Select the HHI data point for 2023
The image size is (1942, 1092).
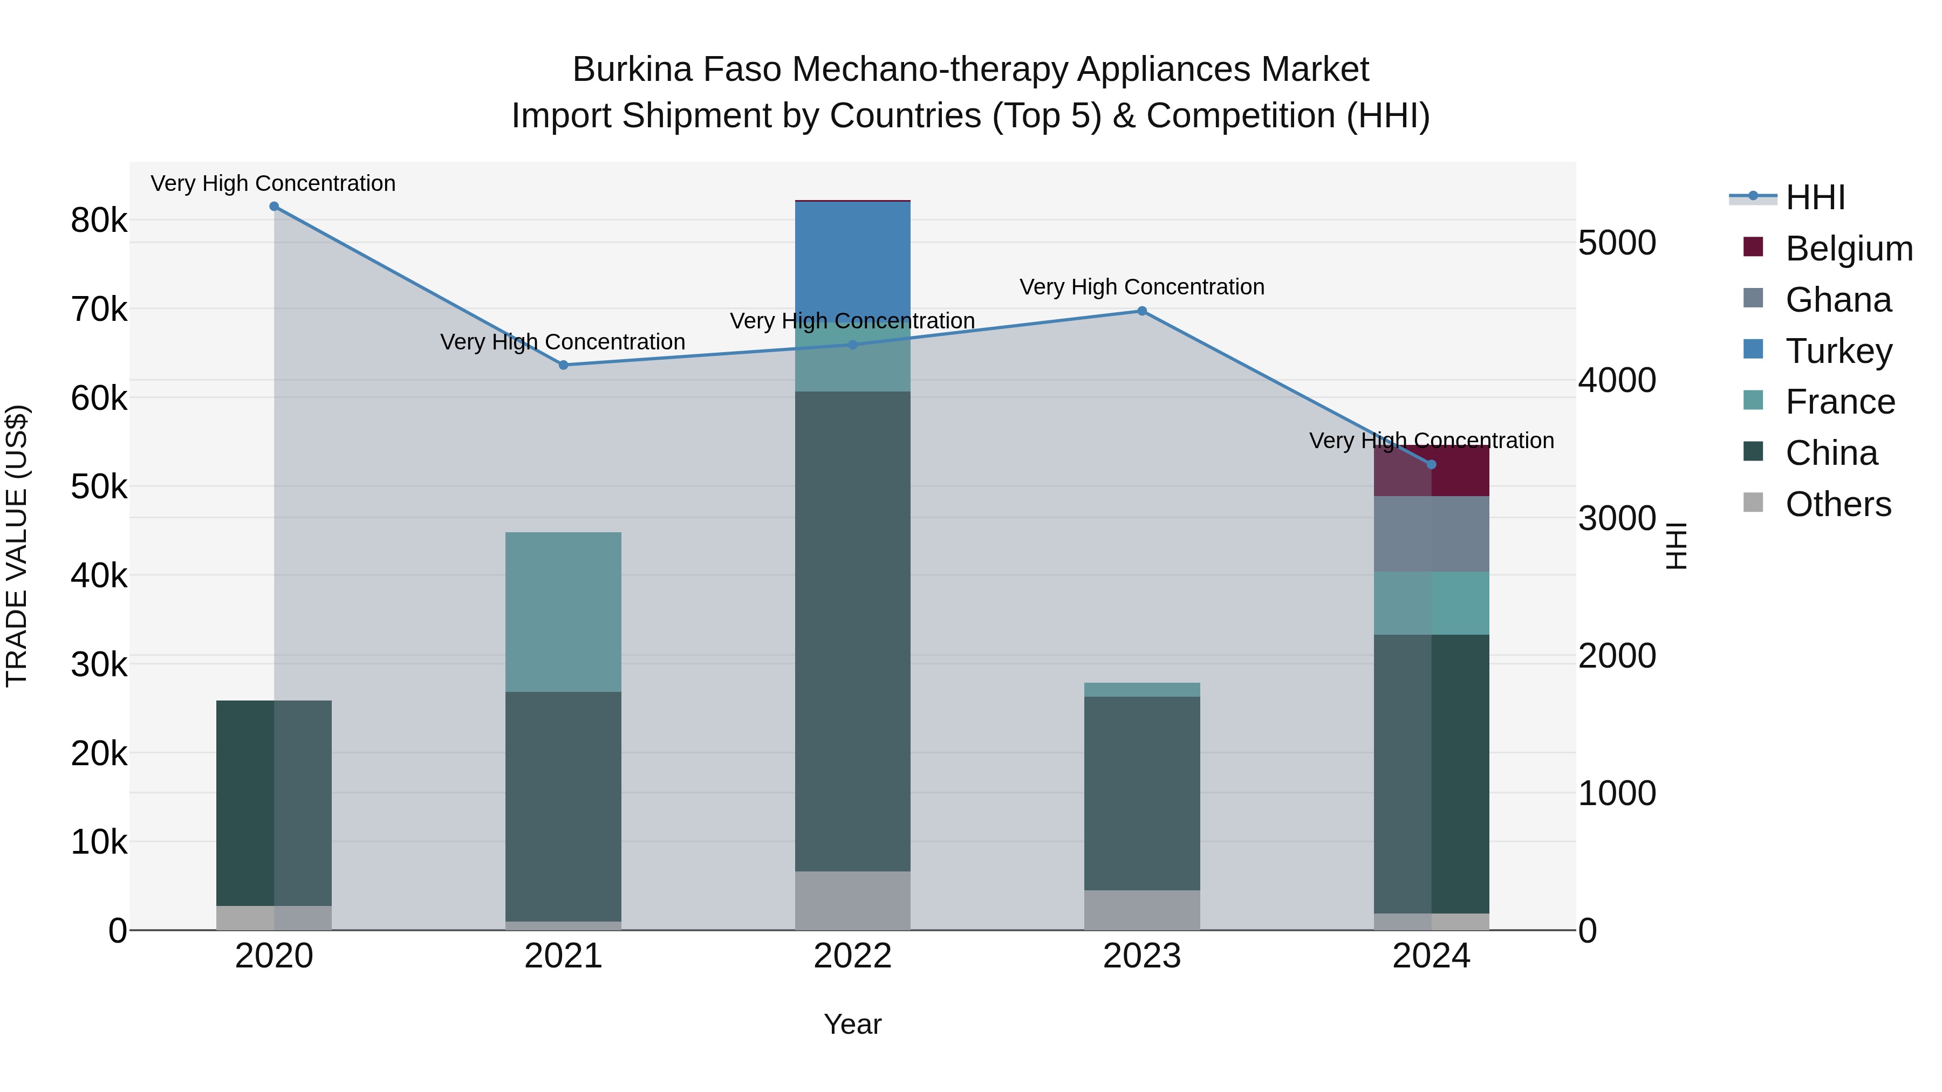point(1141,311)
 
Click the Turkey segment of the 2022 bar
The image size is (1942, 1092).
point(853,260)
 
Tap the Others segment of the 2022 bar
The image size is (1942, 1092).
point(853,900)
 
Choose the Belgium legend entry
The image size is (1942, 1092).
point(1849,249)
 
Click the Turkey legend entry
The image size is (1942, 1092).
point(1838,351)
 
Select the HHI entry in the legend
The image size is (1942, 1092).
point(1815,197)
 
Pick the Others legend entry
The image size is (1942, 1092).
point(1838,504)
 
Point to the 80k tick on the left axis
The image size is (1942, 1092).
point(99,221)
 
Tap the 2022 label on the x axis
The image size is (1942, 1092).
point(853,956)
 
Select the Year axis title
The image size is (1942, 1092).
point(853,1024)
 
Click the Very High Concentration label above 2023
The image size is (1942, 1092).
point(1141,287)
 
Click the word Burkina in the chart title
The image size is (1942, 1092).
point(632,70)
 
